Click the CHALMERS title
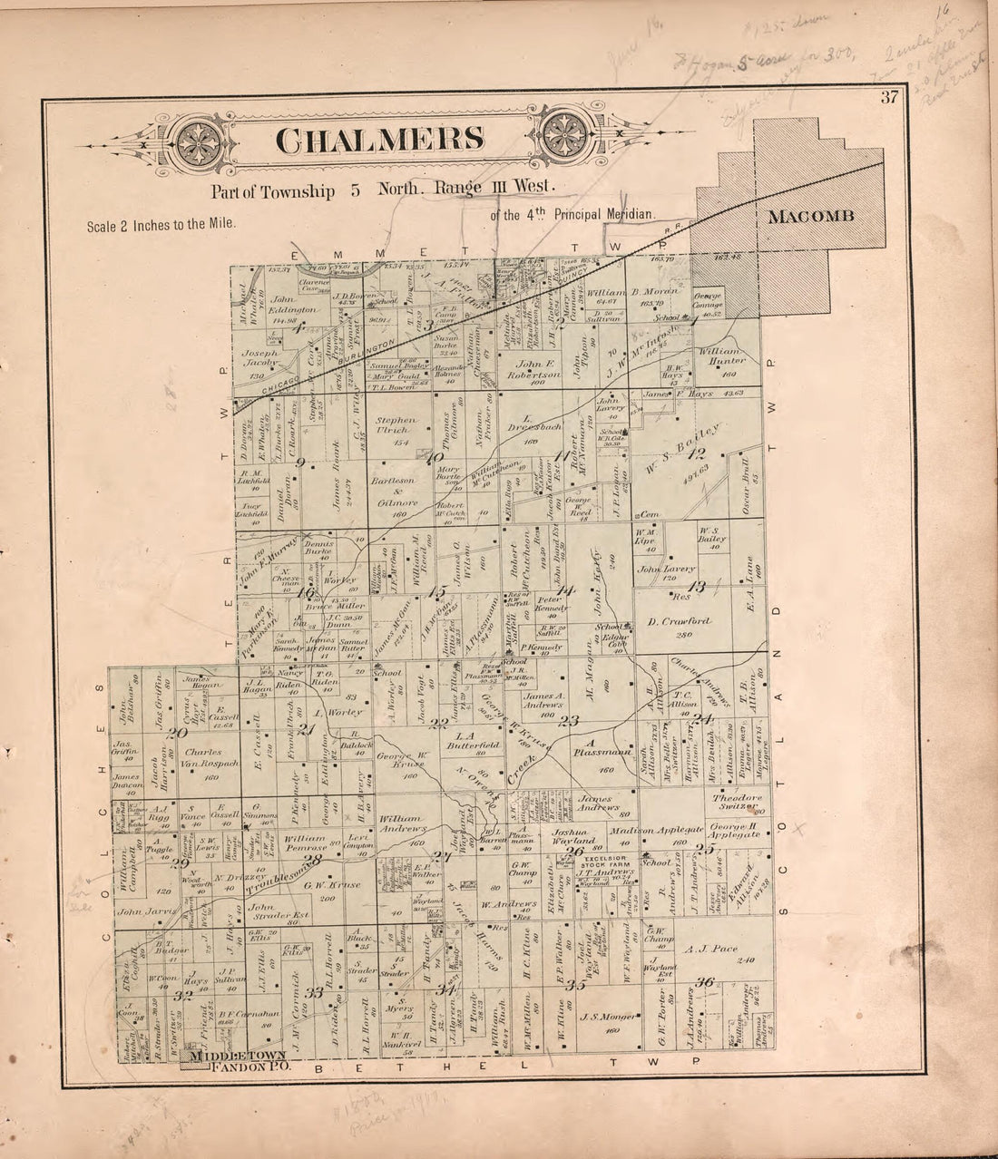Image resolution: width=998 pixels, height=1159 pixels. (x=379, y=141)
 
